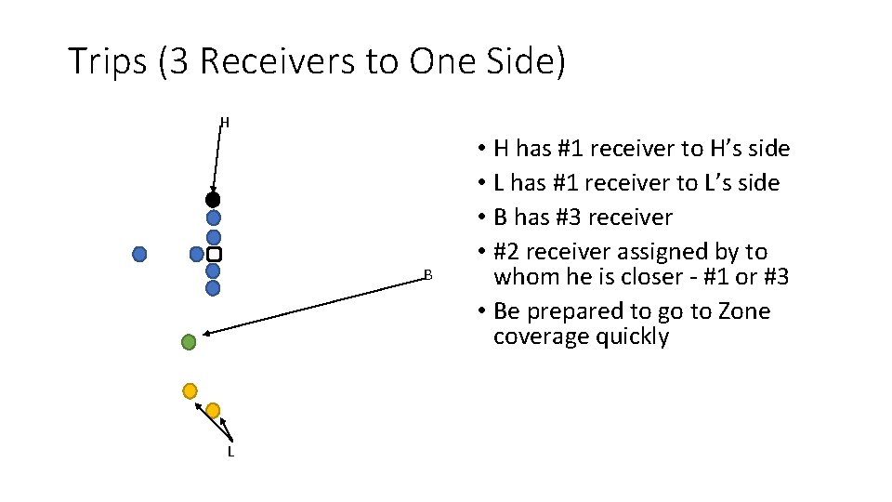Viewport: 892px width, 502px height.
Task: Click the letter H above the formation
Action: click(224, 122)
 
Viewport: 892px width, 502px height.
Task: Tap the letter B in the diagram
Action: click(427, 274)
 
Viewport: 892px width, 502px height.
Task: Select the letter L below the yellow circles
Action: click(230, 452)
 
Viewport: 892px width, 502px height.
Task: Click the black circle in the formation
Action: click(213, 200)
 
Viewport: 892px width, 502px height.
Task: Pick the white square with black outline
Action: click(214, 254)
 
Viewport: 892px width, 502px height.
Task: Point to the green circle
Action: click(189, 342)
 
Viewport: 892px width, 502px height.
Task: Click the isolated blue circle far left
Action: click(139, 254)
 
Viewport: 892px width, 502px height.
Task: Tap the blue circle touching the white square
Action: click(197, 254)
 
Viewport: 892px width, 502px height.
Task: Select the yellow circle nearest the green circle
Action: click(190, 390)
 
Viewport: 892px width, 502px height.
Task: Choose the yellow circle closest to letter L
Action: click(213, 410)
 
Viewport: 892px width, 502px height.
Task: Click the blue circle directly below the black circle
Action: click(213, 218)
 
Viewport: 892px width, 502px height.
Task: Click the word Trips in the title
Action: click(107, 62)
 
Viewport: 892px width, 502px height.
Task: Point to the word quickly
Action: click(627, 337)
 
